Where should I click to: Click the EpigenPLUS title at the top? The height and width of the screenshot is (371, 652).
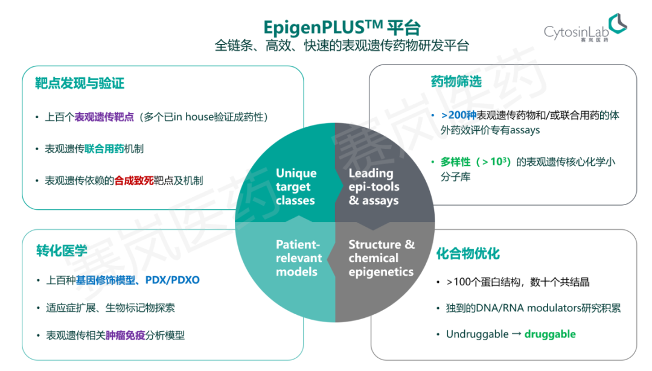point(342,27)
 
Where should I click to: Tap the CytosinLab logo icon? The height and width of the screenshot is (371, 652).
point(617,24)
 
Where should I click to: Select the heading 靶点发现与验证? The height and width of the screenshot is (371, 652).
point(80,83)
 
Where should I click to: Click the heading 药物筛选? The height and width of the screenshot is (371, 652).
point(456,81)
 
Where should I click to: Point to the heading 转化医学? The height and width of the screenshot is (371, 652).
point(62,250)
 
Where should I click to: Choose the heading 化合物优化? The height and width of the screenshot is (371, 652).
point(468,253)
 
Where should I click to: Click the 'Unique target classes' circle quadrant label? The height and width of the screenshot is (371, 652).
point(295,186)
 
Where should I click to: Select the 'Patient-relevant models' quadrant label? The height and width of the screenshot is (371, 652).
point(297,258)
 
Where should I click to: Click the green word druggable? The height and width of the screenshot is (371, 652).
point(550,334)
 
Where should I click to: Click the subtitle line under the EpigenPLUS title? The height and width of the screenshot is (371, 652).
point(342,46)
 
